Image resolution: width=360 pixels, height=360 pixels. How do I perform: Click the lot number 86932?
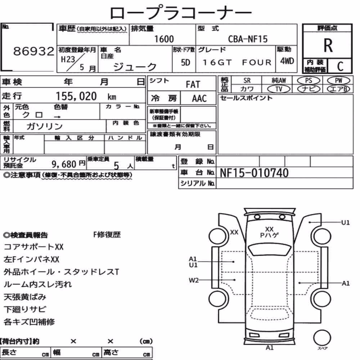33,51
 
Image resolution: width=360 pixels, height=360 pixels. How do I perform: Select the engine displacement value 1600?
164,39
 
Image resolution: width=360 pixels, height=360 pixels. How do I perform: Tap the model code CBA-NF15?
248,39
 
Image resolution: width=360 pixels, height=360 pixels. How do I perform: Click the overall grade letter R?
328,45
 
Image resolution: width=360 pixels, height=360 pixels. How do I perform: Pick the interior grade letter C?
340,66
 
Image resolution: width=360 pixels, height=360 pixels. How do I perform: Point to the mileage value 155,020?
76,96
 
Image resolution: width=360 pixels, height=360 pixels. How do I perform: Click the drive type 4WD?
287,61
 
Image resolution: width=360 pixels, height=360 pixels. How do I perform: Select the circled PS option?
309,81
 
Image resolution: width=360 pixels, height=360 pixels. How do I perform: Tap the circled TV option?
279,89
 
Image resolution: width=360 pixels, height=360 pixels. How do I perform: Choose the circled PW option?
338,81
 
